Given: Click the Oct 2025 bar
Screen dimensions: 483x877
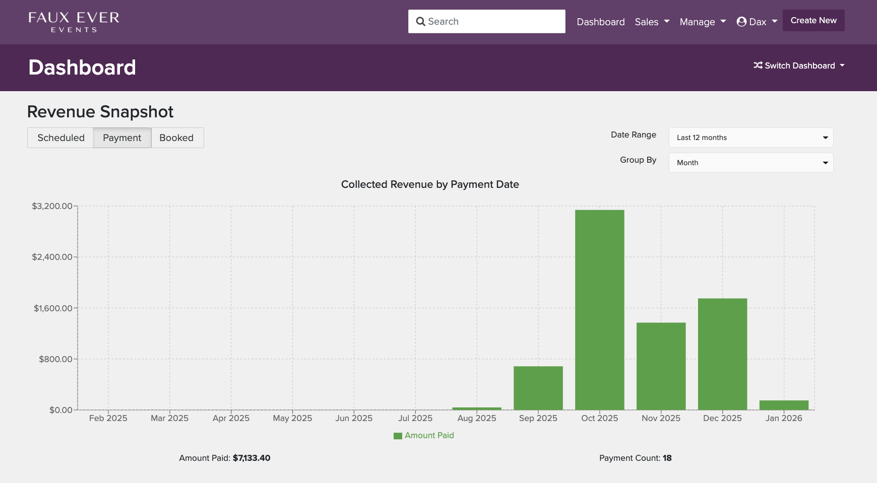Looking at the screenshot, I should [599, 310].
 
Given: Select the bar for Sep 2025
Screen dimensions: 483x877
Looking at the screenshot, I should [538, 388].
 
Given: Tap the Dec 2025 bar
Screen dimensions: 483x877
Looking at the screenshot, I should [722, 354].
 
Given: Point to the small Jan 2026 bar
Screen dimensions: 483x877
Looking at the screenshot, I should [784, 405].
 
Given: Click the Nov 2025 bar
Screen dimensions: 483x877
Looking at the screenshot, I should [661, 366].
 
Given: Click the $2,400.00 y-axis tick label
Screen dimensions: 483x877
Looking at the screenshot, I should [52, 257].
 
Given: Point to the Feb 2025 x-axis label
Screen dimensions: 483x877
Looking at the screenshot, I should [108, 418].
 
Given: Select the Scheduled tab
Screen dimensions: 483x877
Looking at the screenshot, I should [60, 137].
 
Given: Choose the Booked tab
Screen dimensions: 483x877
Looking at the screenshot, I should [176, 137].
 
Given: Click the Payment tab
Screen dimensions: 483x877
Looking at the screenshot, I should [122, 137].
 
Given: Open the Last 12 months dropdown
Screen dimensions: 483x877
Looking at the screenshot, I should [750, 137].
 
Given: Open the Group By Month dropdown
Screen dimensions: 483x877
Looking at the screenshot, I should [750, 163].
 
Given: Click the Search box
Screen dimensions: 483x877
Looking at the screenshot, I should [486, 21].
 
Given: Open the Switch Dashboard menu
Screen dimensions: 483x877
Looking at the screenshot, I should [799, 65].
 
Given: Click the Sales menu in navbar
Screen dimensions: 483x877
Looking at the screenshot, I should [652, 22].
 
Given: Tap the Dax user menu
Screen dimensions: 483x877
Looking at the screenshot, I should [757, 22].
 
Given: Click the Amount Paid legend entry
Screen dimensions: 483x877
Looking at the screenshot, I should [424, 435].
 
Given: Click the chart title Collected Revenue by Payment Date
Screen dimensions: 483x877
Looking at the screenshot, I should [430, 184].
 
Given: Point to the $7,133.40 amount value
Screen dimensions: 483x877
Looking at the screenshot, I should [252, 458].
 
